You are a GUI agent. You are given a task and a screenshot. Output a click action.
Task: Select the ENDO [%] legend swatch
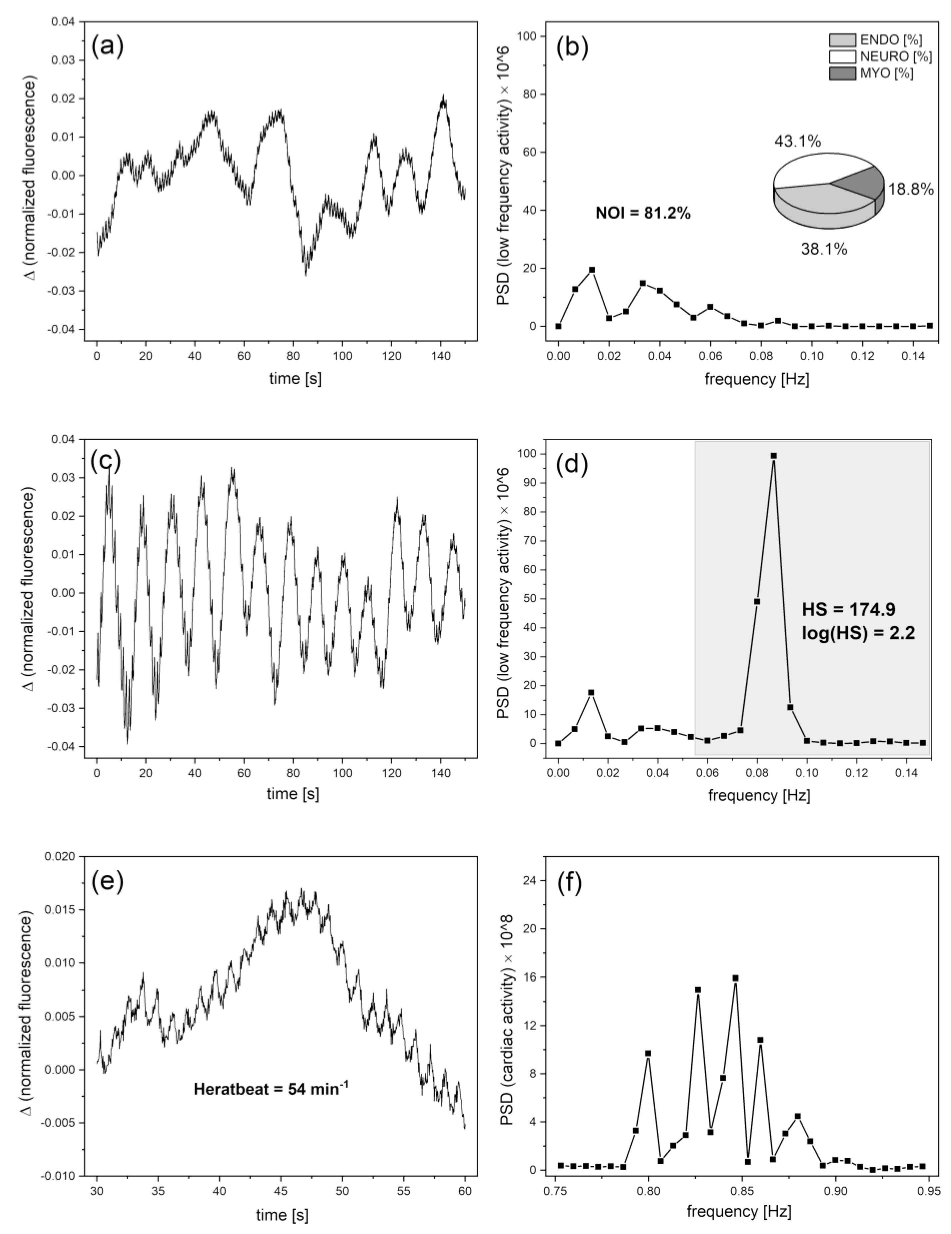coord(843,40)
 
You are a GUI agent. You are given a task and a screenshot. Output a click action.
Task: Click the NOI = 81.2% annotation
coord(643,213)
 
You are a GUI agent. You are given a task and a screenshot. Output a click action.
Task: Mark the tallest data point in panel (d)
coord(774,455)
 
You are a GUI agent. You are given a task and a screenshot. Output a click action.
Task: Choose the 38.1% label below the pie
coord(824,249)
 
